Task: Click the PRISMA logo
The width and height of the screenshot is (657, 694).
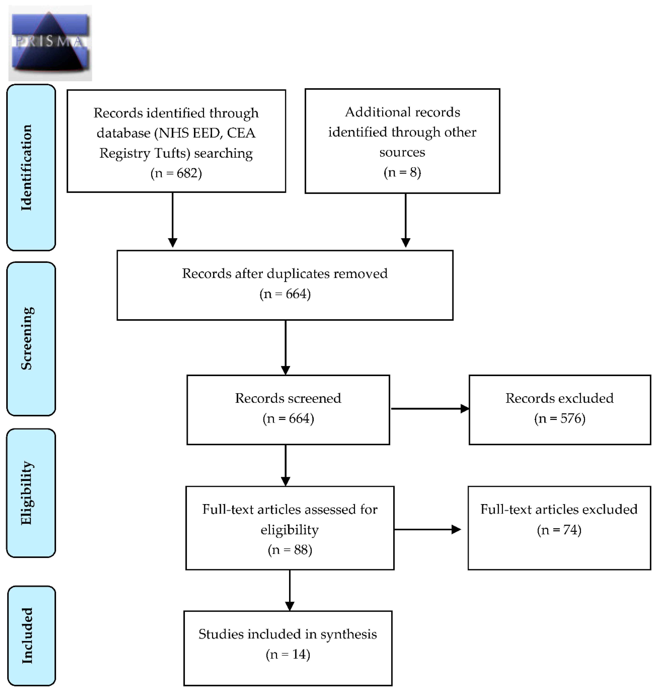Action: click(50, 43)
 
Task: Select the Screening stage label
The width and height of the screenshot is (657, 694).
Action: click(27, 338)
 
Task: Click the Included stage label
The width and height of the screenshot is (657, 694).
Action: click(27, 635)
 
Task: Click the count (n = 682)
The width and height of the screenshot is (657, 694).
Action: click(176, 173)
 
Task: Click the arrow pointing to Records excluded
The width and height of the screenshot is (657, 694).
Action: click(430, 409)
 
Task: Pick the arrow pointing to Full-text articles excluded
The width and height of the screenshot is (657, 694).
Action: click(427, 529)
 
